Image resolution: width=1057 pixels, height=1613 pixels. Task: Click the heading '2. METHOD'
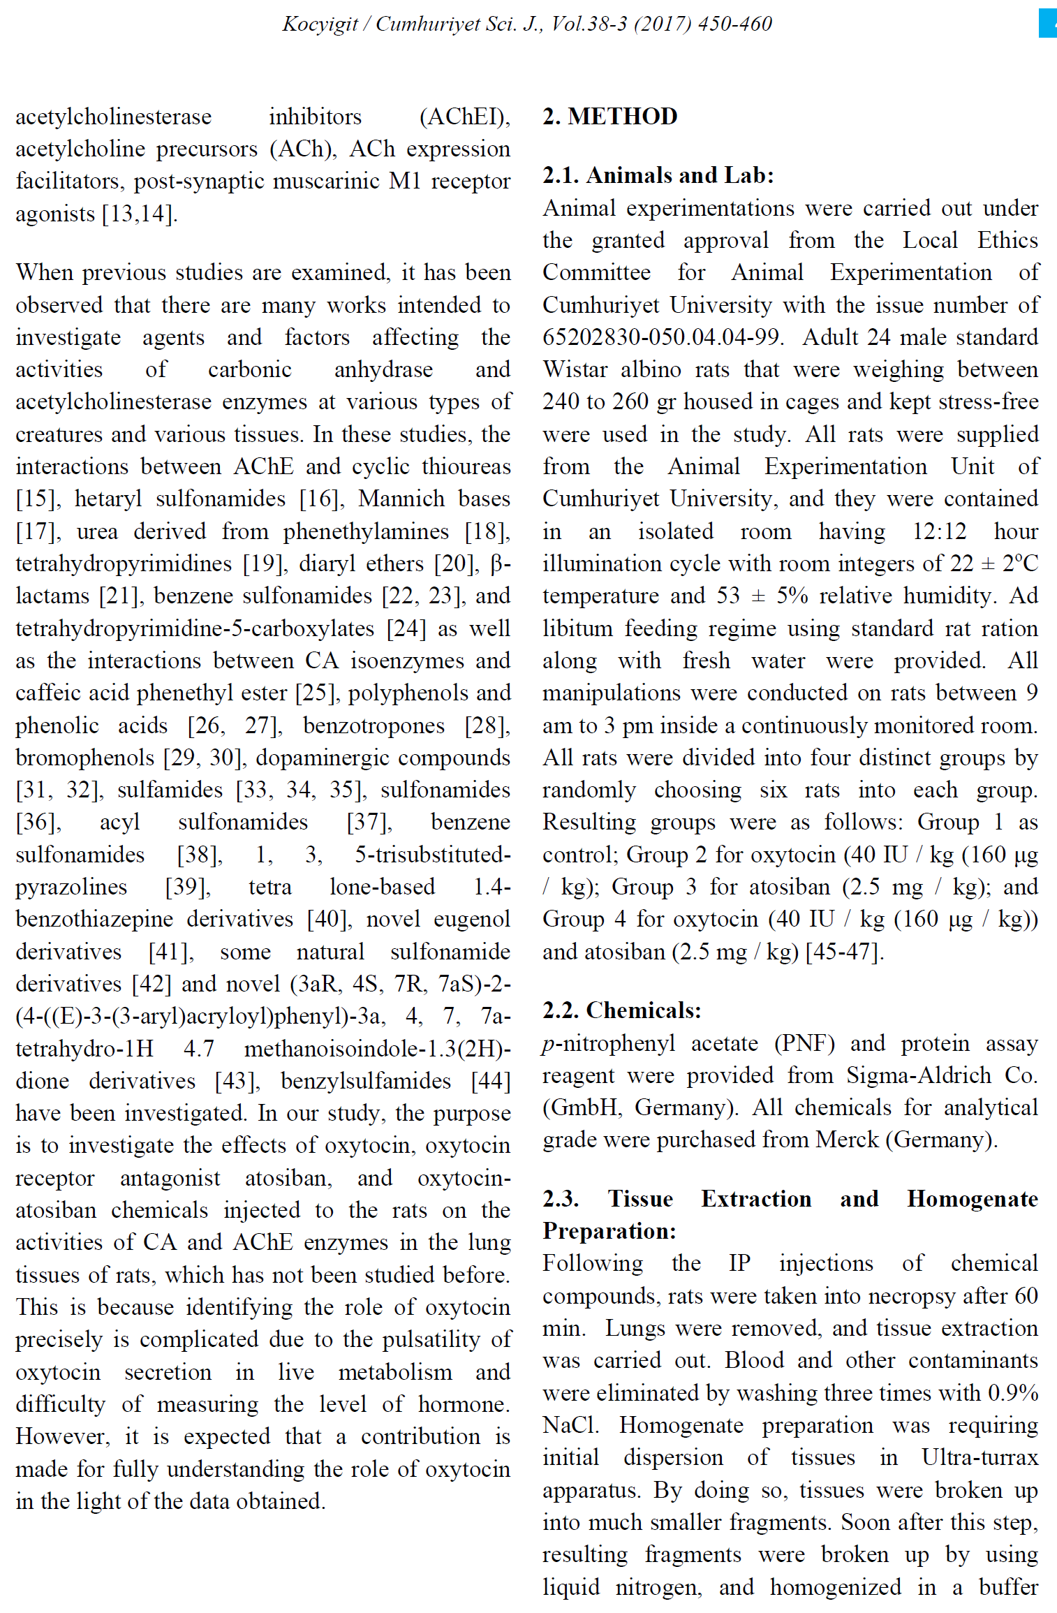click(609, 116)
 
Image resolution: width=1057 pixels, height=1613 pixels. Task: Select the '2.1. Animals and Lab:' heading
click(658, 175)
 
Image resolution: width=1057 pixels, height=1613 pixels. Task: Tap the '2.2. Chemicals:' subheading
click(621, 1010)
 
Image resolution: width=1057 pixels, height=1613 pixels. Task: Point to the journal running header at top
click(527, 24)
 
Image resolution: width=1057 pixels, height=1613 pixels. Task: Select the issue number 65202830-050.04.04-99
click(660, 337)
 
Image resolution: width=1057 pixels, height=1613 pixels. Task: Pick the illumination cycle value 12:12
click(939, 531)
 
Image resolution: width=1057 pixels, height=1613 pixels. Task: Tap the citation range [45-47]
click(845, 952)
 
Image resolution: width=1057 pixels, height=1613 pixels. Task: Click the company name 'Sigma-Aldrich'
click(919, 1075)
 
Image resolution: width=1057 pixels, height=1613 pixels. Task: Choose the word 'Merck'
click(847, 1140)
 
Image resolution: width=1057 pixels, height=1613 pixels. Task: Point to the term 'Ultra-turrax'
click(980, 1458)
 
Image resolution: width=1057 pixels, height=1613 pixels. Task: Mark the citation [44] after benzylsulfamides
click(491, 1081)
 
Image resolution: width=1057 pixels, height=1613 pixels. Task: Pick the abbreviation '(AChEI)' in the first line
click(464, 117)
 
